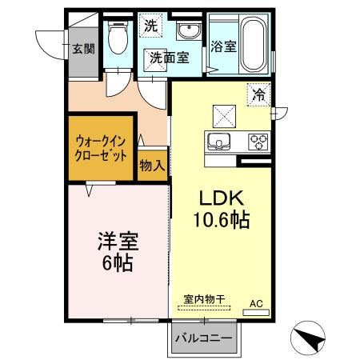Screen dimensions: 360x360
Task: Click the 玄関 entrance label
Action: (x=83, y=48)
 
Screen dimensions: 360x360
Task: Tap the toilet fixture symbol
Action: (x=118, y=38)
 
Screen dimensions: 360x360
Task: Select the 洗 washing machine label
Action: (x=151, y=26)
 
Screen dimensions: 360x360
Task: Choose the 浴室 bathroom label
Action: (x=223, y=46)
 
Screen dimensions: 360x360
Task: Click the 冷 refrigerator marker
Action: (x=259, y=94)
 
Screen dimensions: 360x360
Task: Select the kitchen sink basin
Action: (x=218, y=142)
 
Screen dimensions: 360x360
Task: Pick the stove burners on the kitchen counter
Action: (x=258, y=142)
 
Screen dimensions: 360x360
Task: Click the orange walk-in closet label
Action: (x=100, y=148)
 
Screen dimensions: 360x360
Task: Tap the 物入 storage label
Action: (x=152, y=166)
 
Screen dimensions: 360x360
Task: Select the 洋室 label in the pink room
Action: (x=115, y=241)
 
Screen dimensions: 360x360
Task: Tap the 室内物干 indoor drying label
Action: (x=205, y=298)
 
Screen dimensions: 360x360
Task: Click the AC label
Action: (x=256, y=304)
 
